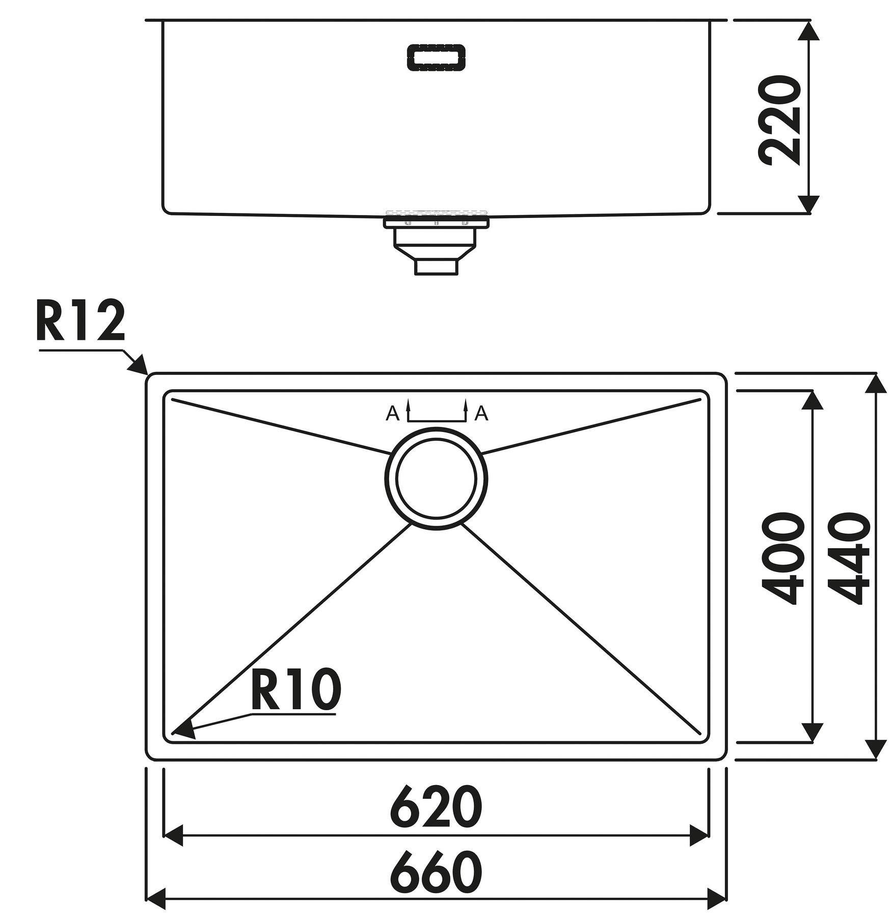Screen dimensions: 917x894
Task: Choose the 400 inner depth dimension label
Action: click(x=783, y=559)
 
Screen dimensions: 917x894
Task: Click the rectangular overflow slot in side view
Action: click(x=436, y=57)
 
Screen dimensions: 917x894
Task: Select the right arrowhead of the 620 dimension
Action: click(x=700, y=835)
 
